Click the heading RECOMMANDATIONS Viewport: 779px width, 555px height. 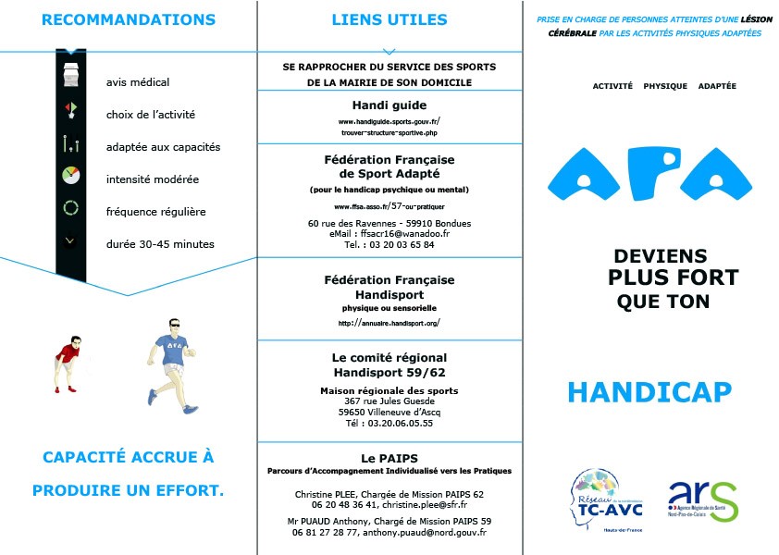click(129, 19)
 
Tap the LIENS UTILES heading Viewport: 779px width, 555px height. click(389, 19)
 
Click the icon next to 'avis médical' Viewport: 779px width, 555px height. click(71, 77)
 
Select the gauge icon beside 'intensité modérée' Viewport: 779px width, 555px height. click(71, 176)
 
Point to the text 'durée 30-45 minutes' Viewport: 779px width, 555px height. click(160, 244)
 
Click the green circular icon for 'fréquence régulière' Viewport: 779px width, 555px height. click(71, 208)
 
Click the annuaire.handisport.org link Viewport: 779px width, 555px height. click(389, 323)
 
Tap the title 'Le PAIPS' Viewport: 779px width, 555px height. click(389, 458)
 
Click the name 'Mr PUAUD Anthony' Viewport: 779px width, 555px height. click(327, 522)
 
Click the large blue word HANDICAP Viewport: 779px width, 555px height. click(649, 393)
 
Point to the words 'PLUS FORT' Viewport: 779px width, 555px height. click(673, 277)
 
